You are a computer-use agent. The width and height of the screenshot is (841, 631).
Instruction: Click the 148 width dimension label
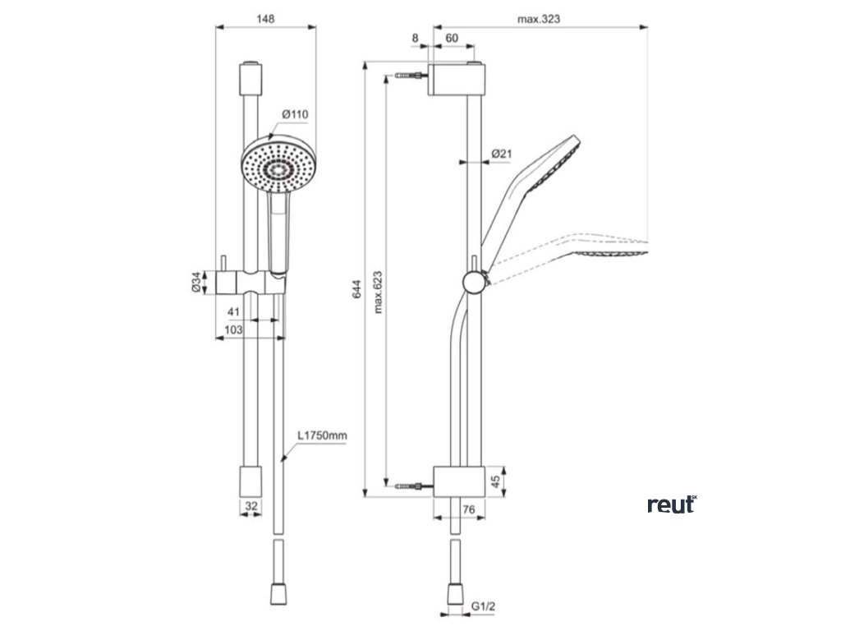[x=264, y=18]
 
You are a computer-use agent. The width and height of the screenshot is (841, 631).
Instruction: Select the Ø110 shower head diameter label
[x=294, y=113]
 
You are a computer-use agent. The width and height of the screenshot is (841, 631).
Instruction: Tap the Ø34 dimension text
[x=196, y=283]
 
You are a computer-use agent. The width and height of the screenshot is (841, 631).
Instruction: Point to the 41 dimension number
[x=233, y=311]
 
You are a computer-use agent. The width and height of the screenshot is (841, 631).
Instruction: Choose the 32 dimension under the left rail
[x=251, y=507]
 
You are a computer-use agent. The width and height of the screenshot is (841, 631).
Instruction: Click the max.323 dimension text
[x=539, y=18]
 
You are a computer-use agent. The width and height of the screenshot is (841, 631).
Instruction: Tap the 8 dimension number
[x=415, y=38]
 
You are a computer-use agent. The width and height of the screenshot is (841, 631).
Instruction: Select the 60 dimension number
[x=452, y=38]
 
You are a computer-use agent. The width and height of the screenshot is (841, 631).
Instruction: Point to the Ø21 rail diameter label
[x=502, y=154]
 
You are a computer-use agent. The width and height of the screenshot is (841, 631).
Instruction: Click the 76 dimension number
[x=468, y=510]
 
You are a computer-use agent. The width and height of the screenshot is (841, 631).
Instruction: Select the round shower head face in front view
[x=277, y=166]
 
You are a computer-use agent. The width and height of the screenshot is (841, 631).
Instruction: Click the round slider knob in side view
[x=474, y=281]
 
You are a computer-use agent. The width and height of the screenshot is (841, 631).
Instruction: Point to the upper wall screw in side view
[x=411, y=77]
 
